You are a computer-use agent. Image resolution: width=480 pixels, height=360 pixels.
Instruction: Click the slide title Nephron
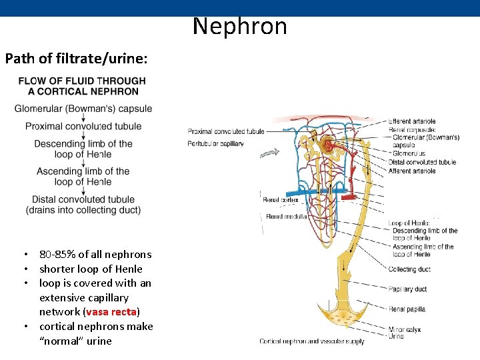click(x=240, y=27)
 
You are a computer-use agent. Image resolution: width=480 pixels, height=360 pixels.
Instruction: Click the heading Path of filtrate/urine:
click(x=76, y=58)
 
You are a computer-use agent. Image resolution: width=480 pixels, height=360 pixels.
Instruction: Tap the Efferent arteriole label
click(x=413, y=121)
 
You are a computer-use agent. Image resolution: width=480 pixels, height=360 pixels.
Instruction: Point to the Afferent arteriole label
click(x=413, y=171)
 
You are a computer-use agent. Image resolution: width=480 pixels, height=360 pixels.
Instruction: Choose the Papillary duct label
click(x=409, y=289)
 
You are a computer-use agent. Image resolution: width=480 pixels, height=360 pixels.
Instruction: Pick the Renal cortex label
click(x=280, y=199)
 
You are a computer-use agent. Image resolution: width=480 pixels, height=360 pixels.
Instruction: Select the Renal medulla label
click(x=285, y=216)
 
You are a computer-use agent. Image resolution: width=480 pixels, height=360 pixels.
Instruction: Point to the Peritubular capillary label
click(x=215, y=143)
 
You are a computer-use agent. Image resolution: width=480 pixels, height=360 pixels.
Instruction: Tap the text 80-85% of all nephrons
click(x=95, y=254)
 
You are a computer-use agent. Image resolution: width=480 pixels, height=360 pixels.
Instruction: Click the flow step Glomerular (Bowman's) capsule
click(x=83, y=109)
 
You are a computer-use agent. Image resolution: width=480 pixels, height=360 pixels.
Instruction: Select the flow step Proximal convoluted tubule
click(x=83, y=126)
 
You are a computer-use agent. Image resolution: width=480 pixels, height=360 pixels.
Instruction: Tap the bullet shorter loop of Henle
click(x=91, y=269)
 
